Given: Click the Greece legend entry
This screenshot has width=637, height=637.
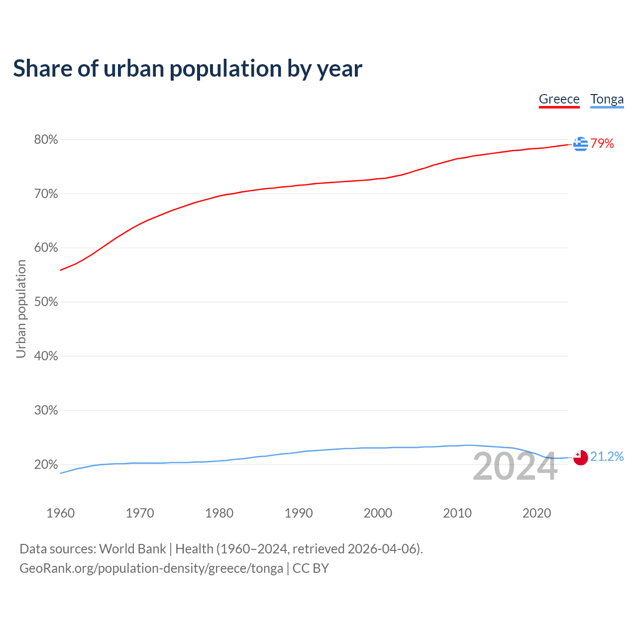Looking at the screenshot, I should pyautogui.click(x=559, y=99).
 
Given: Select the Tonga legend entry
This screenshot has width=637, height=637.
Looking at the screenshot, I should pyautogui.click(x=607, y=99).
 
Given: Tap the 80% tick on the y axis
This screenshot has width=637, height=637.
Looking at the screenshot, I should pyautogui.click(x=46, y=140).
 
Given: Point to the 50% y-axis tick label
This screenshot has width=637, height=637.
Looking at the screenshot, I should pyautogui.click(x=46, y=302).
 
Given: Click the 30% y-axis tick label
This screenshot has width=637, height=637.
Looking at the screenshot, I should pyautogui.click(x=46, y=411).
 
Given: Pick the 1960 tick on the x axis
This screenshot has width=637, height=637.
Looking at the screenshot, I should pyautogui.click(x=60, y=513).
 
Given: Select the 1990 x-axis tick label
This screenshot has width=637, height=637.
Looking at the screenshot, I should pyautogui.click(x=299, y=513).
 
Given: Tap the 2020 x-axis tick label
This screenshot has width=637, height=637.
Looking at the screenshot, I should pyautogui.click(x=536, y=513).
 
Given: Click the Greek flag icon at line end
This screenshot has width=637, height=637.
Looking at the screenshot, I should pyautogui.click(x=580, y=144).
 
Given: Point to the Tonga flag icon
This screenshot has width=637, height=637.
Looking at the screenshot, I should pyautogui.click(x=580, y=457).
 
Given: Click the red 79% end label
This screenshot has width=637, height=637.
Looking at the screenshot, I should pyautogui.click(x=602, y=144).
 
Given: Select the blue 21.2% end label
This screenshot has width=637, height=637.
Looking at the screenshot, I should pyautogui.click(x=607, y=456).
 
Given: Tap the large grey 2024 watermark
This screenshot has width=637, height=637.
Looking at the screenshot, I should pyautogui.click(x=515, y=467).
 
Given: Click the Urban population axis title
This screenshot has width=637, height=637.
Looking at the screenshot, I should pyautogui.click(x=21, y=309).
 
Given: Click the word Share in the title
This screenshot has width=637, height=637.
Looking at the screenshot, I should pyautogui.click(x=42, y=69).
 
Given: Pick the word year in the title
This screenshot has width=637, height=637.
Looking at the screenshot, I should pyautogui.click(x=340, y=69).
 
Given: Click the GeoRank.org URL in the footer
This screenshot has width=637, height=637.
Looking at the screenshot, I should pyautogui.click(x=151, y=568).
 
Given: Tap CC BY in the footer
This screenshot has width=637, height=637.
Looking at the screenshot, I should pyautogui.click(x=311, y=568).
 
